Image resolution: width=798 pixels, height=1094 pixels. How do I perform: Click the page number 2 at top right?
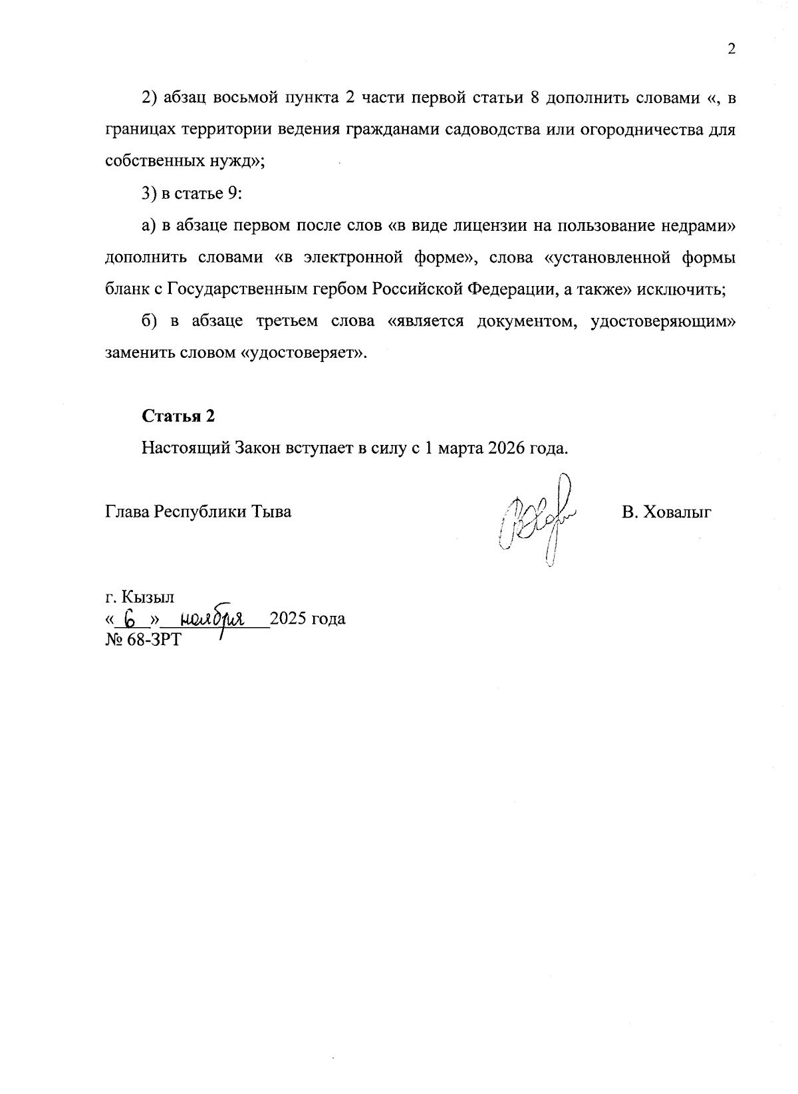(731, 50)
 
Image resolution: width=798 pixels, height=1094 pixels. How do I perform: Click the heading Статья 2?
(178, 416)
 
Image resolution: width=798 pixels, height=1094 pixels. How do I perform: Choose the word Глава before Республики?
(128, 512)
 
